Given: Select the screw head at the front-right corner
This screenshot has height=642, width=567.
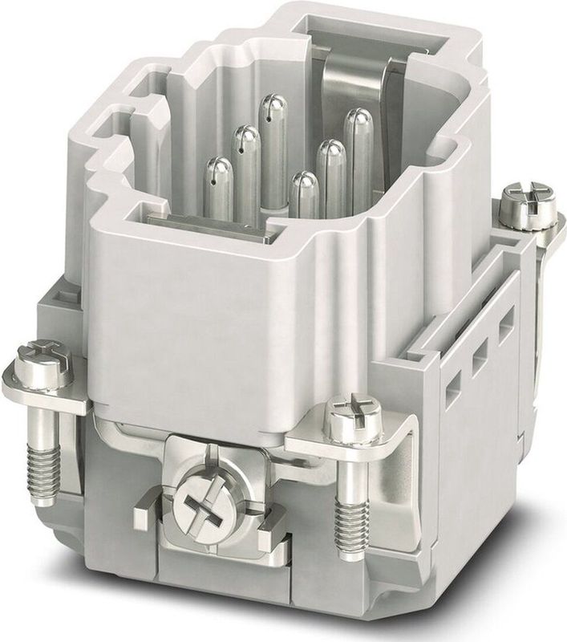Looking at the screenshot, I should point(353,417).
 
